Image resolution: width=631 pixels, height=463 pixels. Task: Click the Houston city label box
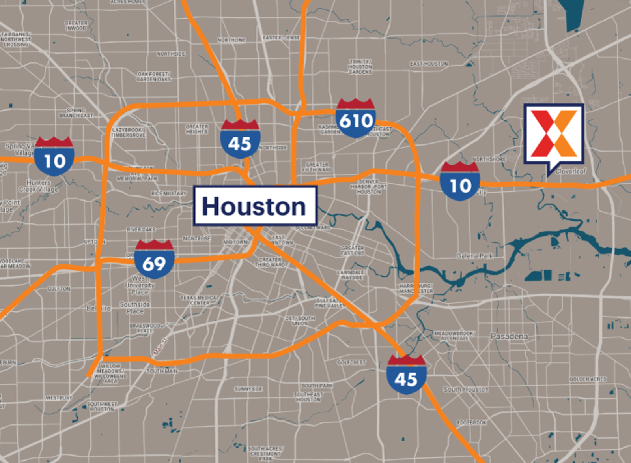[x=255, y=206]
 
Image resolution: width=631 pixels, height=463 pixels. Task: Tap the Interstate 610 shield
[x=356, y=118]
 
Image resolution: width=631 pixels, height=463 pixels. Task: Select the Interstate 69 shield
[x=154, y=260]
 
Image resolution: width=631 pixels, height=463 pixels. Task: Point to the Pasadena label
[x=509, y=336]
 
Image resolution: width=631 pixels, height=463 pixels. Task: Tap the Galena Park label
[x=474, y=256]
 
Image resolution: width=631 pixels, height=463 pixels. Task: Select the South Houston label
[x=466, y=389]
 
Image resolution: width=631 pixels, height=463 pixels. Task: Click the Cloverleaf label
[x=571, y=171]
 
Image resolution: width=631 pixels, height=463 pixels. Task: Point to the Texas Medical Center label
[x=200, y=300]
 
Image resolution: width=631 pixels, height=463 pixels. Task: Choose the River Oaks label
[x=141, y=229]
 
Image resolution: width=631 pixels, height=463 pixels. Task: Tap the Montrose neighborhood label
[x=196, y=239]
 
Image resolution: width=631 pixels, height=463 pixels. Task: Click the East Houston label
[x=429, y=64]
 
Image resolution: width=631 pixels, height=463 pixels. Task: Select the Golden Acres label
[x=588, y=379]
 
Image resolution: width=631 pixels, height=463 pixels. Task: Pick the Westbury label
[x=58, y=398]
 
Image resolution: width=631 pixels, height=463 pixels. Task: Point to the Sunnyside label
[x=248, y=389]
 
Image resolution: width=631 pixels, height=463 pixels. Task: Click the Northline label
[x=231, y=40]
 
